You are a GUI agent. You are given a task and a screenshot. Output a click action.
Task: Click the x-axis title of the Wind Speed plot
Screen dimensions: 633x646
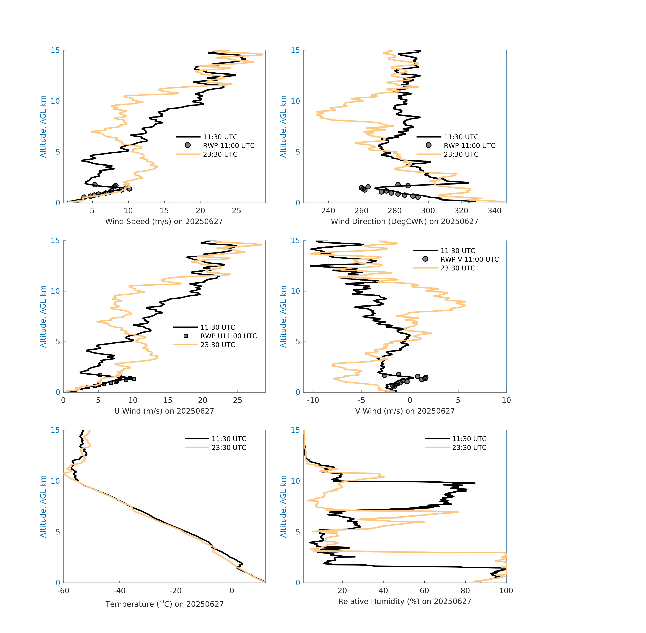click(x=164, y=221)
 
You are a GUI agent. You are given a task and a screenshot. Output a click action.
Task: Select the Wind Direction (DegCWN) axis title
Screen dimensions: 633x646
click(x=404, y=221)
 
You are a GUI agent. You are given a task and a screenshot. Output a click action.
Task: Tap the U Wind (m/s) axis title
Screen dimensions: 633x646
click(x=164, y=411)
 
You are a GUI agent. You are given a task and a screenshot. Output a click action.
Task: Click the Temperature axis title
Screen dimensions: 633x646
click(x=164, y=604)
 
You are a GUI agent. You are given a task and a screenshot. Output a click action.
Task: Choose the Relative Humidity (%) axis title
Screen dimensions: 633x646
click(x=404, y=601)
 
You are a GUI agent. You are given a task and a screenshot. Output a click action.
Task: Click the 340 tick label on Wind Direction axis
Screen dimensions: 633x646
click(x=494, y=211)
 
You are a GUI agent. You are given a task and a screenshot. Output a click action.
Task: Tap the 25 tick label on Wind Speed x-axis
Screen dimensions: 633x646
click(x=236, y=211)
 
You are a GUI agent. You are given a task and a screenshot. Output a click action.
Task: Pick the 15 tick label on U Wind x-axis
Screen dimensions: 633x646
click(x=168, y=400)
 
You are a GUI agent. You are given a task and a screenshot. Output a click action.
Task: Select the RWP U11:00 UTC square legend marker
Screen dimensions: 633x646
click(x=186, y=336)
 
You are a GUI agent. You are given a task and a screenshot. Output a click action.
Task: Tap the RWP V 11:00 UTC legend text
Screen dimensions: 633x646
click(x=470, y=259)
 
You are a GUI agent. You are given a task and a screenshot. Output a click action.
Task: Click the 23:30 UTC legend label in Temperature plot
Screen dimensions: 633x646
click(x=229, y=447)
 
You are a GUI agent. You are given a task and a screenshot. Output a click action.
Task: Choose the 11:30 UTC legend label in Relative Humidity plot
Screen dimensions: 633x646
click(x=469, y=439)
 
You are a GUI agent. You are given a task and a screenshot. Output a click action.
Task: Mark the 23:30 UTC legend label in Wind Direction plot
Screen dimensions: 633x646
click(x=461, y=154)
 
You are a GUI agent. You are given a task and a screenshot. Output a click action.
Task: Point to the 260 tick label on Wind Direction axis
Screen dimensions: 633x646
click(x=361, y=211)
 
